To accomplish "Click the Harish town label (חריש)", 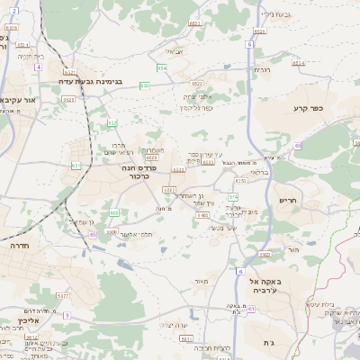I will click(x=288, y=200).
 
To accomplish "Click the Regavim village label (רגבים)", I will click(x=262, y=69).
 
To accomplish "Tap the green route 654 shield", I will click(x=162, y=67).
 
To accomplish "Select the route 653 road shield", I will click(x=112, y=122).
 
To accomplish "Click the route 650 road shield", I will click(x=242, y=181).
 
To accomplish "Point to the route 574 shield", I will click(x=233, y=196).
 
